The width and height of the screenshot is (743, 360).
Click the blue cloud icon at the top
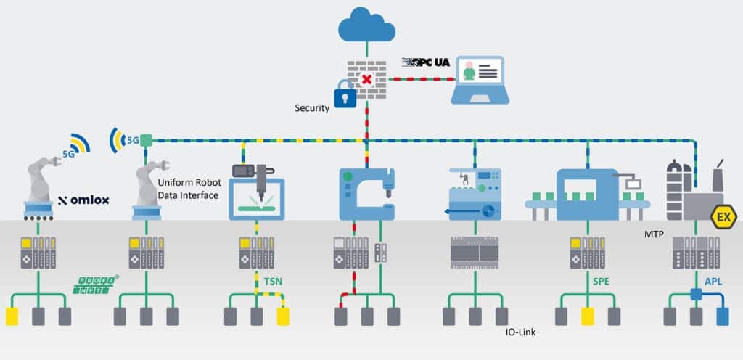[366, 26]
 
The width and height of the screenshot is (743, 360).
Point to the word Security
[312, 108]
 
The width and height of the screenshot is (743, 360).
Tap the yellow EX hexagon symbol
[723, 217]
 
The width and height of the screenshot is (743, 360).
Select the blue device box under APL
[723, 316]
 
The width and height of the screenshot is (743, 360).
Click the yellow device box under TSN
[282, 316]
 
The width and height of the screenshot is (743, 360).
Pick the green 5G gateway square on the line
[146, 139]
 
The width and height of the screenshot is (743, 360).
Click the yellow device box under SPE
[588, 316]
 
